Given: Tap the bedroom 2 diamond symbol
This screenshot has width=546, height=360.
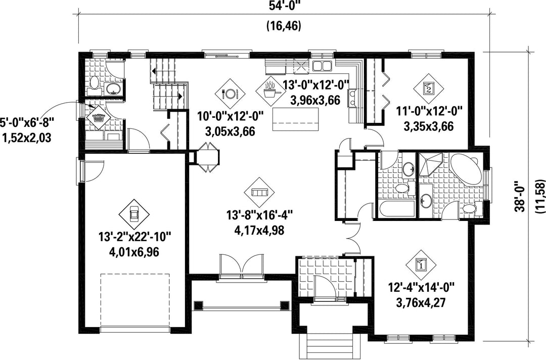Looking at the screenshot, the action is [428, 88].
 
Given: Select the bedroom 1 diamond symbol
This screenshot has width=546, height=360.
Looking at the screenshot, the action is [421, 264].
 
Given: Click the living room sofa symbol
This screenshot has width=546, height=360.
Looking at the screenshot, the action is [259, 192].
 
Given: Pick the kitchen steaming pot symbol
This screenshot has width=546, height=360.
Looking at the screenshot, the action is [270, 91].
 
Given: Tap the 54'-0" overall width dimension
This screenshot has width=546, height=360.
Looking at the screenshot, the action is [284, 6].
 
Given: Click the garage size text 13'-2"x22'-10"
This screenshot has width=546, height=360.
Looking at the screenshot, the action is [135, 238].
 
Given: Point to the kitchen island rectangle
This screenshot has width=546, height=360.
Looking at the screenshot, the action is [296, 119].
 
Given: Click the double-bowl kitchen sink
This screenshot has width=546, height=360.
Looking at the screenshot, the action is [323, 65].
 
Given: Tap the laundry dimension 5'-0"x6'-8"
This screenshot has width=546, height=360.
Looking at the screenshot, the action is [27, 123].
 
